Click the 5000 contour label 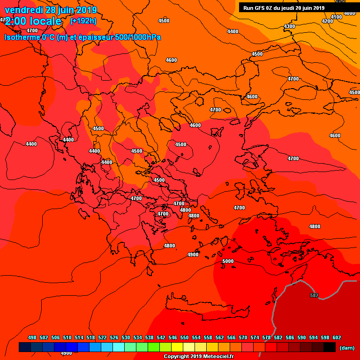[x=228, y=261]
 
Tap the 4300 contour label [x=290, y=26]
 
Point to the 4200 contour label [x=328, y=21]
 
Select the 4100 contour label [x=337, y=17]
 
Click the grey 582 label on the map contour [x=314, y=295]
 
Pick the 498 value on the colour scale [x=32, y=337]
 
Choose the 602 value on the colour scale [x=337, y=337]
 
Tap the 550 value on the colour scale [x=184, y=337]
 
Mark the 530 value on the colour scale [x=126, y=337]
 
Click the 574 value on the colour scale [x=255, y=337]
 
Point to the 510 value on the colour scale [x=67, y=337]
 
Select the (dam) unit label [x=347, y=347]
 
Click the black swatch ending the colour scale [x=330, y=347]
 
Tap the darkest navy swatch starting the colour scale [x=25, y=347]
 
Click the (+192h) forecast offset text [x=83, y=21]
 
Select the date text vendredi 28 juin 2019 [x=51, y=10]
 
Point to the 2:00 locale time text [x=33, y=21]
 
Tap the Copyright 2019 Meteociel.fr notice [x=198, y=357]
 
